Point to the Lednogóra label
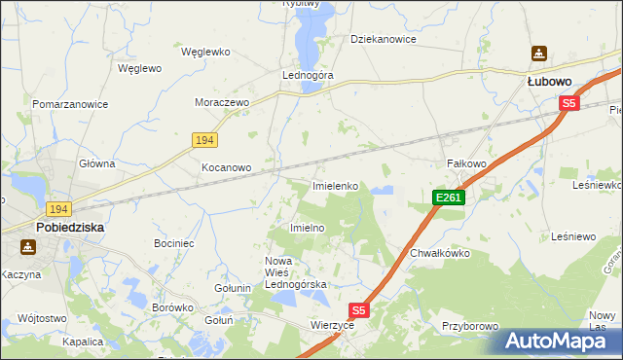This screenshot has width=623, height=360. (308, 74)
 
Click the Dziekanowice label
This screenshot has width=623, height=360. (384, 40)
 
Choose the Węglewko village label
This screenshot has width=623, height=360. (204, 51)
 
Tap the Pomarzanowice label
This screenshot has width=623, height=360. (69, 103)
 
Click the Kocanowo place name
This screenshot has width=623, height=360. (226, 167)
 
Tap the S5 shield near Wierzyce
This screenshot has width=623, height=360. (359, 310)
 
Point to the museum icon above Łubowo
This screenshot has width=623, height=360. (538, 53)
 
